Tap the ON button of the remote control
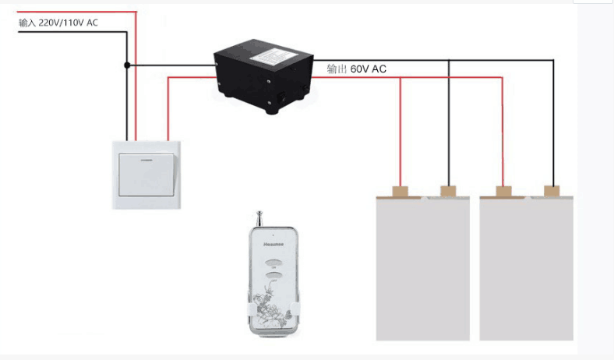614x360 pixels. (273, 263)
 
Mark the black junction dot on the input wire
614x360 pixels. (127, 65)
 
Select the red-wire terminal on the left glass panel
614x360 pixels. (401, 190)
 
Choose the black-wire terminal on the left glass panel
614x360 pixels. (448, 190)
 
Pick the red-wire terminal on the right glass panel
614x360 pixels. (503, 190)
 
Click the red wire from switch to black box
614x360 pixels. (168, 101)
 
